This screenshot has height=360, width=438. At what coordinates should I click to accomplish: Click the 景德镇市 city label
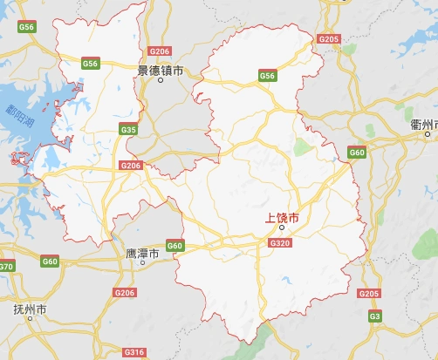tap(161, 69)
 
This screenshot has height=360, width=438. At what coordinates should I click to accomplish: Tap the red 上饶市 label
tap(282, 218)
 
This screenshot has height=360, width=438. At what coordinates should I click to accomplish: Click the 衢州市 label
tap(424, 126)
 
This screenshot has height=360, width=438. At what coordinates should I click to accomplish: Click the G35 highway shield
tap(129, 130)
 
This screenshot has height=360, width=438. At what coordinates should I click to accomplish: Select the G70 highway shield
tap(6, 266)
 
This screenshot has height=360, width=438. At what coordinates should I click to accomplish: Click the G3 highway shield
tap(374, 315)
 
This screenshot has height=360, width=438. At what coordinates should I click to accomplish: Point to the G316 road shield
tap(134, 352)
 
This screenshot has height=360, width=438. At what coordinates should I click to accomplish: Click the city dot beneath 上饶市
tap(281, 229)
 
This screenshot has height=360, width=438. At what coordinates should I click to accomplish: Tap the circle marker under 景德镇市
tap(161, 80)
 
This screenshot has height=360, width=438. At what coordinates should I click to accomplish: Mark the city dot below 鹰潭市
tap(142, 262)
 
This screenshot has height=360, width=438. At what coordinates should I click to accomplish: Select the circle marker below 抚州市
tap(30, 319)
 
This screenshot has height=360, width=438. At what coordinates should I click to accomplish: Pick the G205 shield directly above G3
tap(369, 294)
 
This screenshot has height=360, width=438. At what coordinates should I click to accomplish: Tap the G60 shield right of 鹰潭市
tap(175, 246)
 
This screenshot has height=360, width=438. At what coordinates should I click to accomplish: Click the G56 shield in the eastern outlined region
tap(267, 77)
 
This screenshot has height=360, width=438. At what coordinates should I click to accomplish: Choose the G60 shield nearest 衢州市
tap(356, 153)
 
